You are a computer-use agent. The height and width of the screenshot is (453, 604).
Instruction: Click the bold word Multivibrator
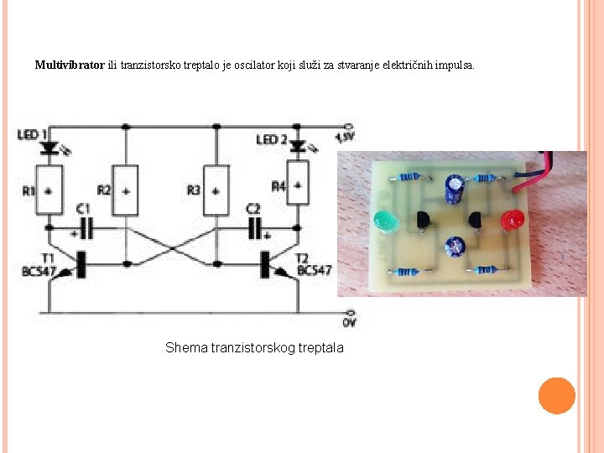[x=70, y=65]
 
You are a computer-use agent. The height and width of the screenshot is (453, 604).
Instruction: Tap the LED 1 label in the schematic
[x=32, y=133]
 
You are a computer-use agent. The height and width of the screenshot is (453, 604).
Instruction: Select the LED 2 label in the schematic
[x=272, y=139]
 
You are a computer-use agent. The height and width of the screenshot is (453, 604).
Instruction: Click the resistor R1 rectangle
[x=50, y=190]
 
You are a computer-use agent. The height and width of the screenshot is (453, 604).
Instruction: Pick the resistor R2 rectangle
[x=126, y=190]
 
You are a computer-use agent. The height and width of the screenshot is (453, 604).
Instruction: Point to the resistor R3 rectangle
[x=216, y=190]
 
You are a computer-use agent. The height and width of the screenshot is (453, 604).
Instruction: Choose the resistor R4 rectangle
[x=296, y=188]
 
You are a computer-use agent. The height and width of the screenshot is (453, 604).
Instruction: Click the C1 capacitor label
[x=82, y=208]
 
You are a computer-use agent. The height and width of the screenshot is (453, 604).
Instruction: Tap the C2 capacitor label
[x=253, y=207]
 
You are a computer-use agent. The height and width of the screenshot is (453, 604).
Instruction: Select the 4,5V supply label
[x=345, y=137]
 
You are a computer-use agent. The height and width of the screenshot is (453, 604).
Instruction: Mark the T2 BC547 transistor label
[x=313, y=265]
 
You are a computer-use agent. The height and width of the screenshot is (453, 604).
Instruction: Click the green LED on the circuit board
[x=385, y=222]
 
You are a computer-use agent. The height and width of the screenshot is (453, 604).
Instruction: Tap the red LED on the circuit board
[x=510, y=221]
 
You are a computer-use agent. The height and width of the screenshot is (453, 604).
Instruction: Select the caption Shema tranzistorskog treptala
[x=254, y=347]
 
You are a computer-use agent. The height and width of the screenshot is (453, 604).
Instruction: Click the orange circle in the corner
[x=556, y=396]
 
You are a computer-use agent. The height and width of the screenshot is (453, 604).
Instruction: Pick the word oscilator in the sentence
[x=253, y=65]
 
